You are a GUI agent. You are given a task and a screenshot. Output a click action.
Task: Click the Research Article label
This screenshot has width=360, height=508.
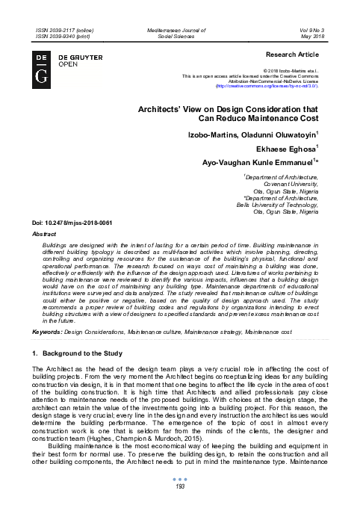click(x=294, y=55)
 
